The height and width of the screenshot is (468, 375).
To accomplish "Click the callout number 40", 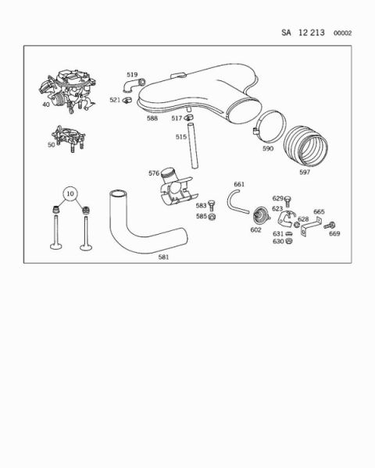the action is pyautogui.click(x=46, y=105).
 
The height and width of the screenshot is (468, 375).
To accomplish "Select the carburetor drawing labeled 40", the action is pyautogui.click(x=68, y=90).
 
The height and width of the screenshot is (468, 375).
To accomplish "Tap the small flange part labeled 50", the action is pyautogui.click(x=69, y=139).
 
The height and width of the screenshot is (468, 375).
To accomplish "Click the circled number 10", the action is pyautogui.click(x=70, y=193).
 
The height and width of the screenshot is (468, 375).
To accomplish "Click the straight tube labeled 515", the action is pyautogui.click(x=193, y=146).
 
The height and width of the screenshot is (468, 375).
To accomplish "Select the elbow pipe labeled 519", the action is pyautogui.click(x=134, y=85).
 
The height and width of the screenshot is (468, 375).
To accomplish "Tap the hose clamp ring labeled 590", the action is pyautogui.click(x=269, y=126).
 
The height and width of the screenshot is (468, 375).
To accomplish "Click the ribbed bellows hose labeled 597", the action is pyautogui.click(x=305, y=147).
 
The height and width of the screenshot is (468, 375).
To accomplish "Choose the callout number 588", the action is pyautogui.click(x=152, y=119).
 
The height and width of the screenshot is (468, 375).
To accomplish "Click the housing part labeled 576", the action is pyautogui.click(x=177, y=187).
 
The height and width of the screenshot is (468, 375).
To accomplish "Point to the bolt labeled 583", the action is pyautogui.click(x=212, y=205).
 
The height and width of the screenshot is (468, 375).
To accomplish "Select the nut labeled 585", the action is pyautogui.click(x=212, y=217).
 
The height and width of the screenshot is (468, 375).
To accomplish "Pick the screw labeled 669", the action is pyautogui.click(x=329, y=225).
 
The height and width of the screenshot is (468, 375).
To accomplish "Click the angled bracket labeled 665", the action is pyautogui.click(x=310, y=226).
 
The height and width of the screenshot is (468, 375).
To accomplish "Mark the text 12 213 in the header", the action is pyautogui.click(x=311, y=33).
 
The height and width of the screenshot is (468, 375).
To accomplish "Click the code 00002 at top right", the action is pyautogui.click(x=343, y=33).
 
